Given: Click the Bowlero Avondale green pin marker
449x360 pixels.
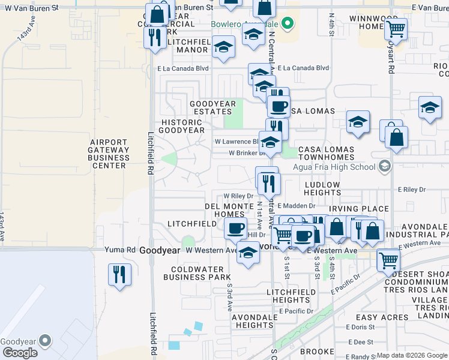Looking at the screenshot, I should tap(288, 25).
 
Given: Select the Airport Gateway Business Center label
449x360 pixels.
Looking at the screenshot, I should tap(108, 154).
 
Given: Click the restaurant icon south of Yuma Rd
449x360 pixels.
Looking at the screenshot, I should tap(119, 274).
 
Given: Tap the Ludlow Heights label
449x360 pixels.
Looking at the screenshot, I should tap(322, 188).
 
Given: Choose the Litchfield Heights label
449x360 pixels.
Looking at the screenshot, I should tap(291, 296).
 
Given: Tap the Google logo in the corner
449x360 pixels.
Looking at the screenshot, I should tap(20, 353).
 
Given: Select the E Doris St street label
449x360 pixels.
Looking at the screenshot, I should tap(360, 328).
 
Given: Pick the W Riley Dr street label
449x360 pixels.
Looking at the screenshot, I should tap(238, 196).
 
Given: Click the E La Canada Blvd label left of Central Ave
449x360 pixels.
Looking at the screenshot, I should tap(183, 68).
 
